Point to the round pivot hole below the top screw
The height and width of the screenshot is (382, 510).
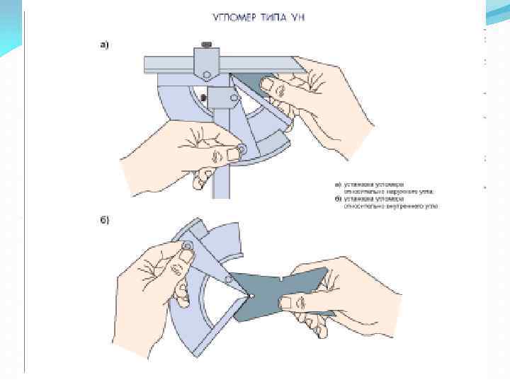pyautogui.click(x=206, y=74)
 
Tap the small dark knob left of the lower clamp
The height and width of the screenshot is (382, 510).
pyautogui.click(x=204, y=97)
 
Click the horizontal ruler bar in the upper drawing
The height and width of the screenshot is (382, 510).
pyautogui.click(x=170, y=65)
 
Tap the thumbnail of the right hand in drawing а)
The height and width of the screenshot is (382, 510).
pyautogui.click(x=267, y=85)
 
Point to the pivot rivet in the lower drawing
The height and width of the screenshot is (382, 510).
pyautogui.click(x=188, y=245)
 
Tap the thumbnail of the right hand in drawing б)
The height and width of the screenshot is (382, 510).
pyautogui.click(x=287, y=303)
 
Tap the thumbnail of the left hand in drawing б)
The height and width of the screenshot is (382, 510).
pyautogui.click(x=186, y=255)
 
